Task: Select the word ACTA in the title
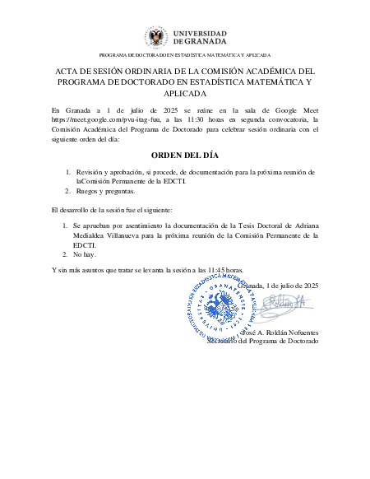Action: (68, 72)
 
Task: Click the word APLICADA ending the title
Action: (184, 95)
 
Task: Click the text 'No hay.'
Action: (86, 255)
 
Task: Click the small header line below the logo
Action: (184, 53)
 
